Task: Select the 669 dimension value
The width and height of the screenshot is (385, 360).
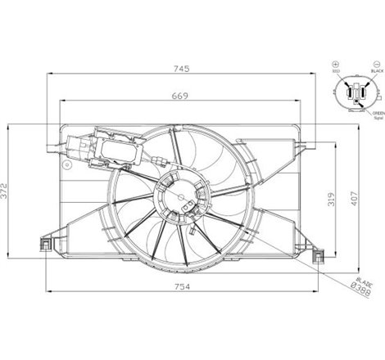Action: (181, 96)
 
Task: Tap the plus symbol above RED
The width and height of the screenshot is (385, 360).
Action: (334, 63)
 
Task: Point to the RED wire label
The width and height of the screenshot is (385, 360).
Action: (335, 71)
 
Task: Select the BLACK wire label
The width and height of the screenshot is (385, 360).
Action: (376, 71)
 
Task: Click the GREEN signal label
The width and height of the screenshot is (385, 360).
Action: (378, 114)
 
